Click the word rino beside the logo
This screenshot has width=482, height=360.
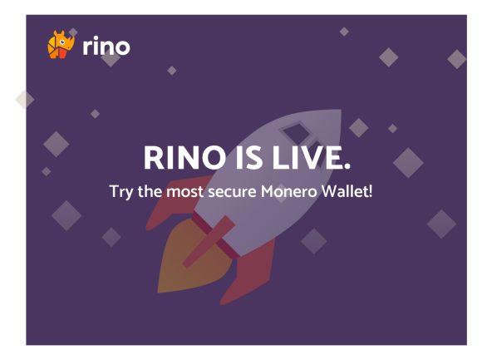coord(106,47)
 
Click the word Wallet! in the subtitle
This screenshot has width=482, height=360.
coord(352,190)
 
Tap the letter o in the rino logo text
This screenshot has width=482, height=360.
coord(121,48)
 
